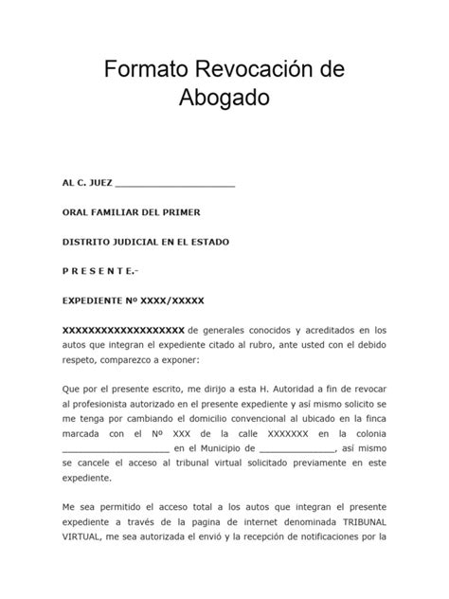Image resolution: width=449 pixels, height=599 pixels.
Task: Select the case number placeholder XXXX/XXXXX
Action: coord(171,300)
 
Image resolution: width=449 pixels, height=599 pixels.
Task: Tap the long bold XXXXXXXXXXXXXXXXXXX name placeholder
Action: coord(122,330)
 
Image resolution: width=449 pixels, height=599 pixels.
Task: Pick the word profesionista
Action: coord(102,406)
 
